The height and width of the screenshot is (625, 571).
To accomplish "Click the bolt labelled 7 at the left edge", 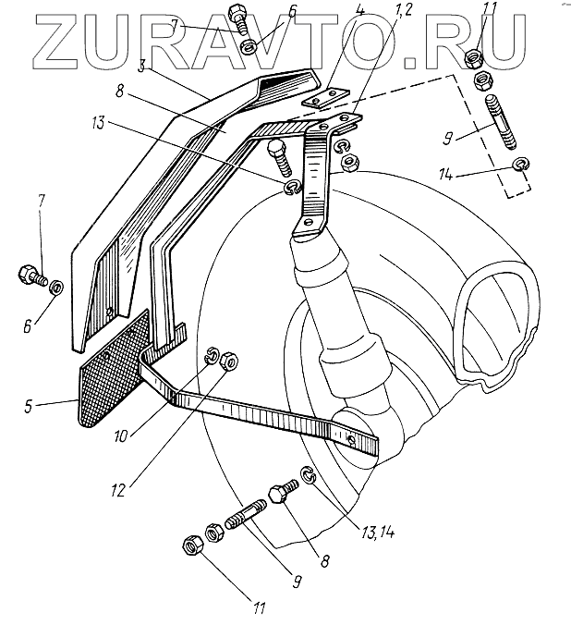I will (x=30, y=275).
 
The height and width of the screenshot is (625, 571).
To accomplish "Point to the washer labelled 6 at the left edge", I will (x=55, y=288).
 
